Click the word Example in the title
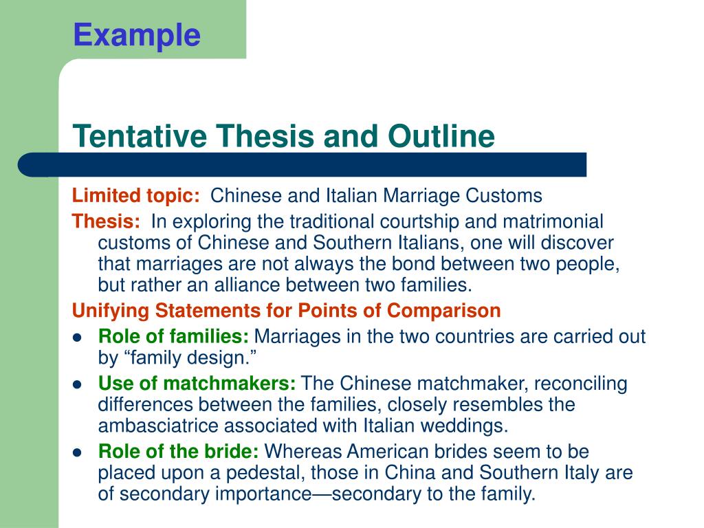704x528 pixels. tap(137, 34)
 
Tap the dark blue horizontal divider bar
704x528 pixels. tap(302, 165)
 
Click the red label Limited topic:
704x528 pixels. tap(136, 196)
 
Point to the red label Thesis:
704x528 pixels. tap(107, 221)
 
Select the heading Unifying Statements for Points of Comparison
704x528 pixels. tap(287, 311)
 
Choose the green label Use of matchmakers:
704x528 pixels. tap(197, 383)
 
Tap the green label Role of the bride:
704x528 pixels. tap(179, 452)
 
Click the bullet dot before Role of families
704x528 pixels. tap(78, 338)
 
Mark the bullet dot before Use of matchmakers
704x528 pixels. tap(78, 384)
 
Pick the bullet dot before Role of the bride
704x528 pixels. tap(78, 453)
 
